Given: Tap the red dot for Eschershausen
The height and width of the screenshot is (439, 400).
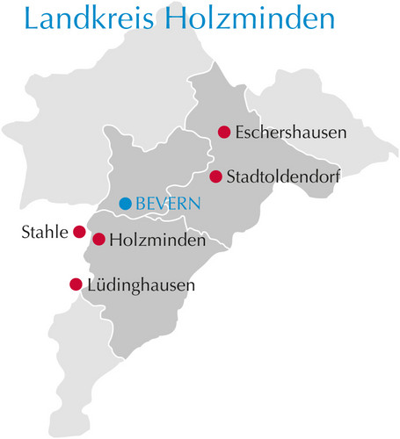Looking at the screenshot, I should click(x=223, y=133).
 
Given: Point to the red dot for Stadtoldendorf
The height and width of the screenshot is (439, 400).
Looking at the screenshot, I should click(x=215, y=176).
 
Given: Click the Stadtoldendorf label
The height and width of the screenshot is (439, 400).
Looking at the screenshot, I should click(x=284, y=176).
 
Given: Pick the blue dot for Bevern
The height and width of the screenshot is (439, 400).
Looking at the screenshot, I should click(x=125, y=204).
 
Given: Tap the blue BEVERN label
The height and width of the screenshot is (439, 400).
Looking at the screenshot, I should click(x=168, y=204).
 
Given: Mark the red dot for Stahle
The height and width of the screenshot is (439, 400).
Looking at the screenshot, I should click(x=79, y=233).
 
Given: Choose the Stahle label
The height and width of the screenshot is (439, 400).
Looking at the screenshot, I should click(x=43, y=233).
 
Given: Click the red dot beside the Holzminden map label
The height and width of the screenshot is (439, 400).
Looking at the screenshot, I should click(x=99, y=239).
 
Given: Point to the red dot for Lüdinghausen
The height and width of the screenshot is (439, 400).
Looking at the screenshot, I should click(x=76, y=284).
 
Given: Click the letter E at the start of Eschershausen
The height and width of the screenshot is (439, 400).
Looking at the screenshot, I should click(x=240, y=133).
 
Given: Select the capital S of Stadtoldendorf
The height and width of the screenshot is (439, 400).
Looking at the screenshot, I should click(x=231, y=176).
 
